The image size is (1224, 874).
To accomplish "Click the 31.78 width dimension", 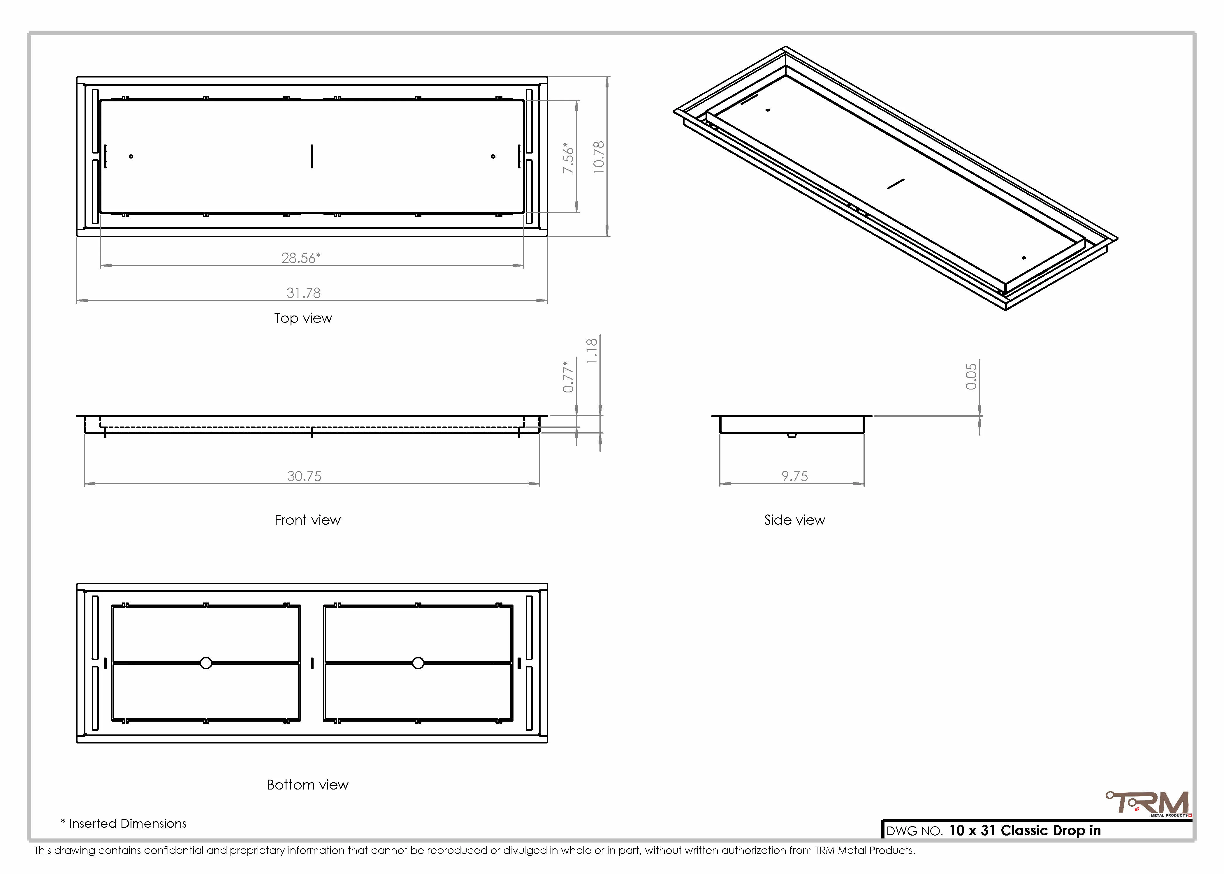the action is coord(304,293).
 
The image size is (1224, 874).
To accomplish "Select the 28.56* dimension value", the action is coord(301,258).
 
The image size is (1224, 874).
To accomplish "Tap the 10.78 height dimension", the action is coord(599,157).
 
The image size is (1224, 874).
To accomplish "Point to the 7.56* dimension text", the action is coord(568,157).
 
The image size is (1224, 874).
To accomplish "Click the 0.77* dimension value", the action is coord(568,377).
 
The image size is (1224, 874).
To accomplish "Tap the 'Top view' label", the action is coord(303,318).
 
